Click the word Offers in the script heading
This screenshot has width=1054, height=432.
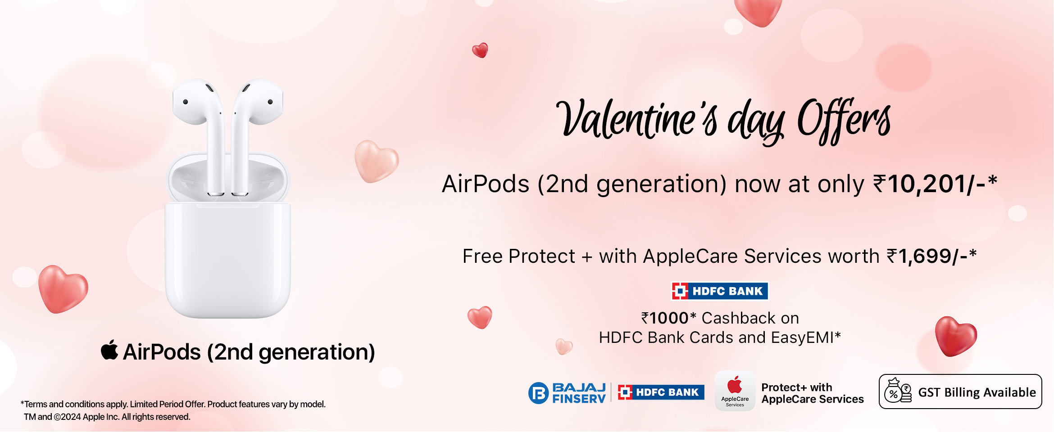click(x=844, y=121)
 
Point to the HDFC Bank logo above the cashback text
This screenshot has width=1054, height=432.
click(x=719, y=291)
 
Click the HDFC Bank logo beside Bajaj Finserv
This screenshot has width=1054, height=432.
click(x=661, y=392)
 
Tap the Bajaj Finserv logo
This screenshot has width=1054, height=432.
click(x=567, y=393)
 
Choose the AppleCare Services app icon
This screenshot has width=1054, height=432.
click(x=735, y=391)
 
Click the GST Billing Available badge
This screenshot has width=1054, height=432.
click(x=960, y=391)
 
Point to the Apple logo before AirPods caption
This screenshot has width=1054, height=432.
click(x=109, y=350)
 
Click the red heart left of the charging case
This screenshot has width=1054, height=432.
click(x=63, y=289)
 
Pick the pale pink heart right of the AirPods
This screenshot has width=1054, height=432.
click(x=376, y=161)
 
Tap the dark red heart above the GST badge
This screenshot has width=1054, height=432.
click(x=956, y=336)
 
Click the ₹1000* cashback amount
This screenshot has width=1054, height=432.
click(x=668, y=318)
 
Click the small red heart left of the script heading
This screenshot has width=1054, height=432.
click(x=480, y=50)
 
